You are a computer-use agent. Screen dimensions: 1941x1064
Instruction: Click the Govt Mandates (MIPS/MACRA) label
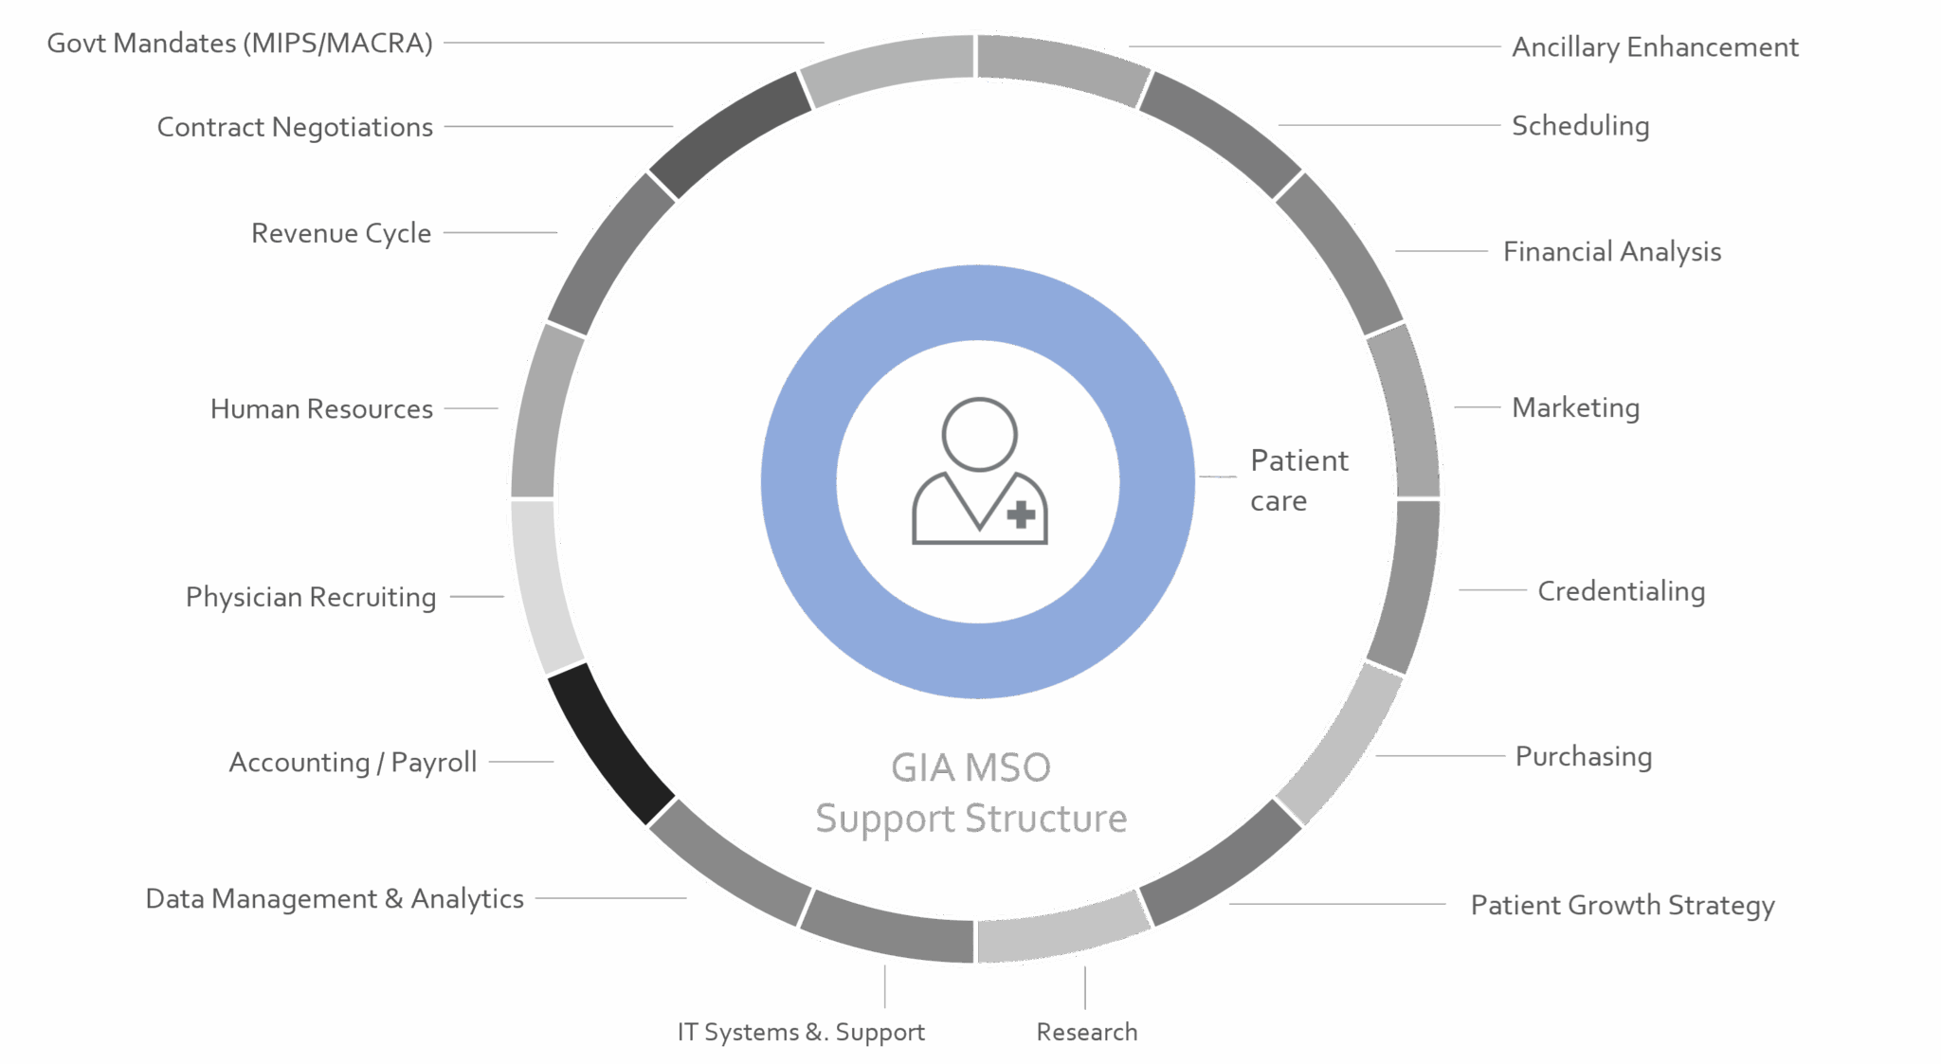tap(240, 44)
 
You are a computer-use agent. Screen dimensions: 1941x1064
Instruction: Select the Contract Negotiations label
tap(295, 127)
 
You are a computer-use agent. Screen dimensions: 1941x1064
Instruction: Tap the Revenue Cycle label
tap(341, 233)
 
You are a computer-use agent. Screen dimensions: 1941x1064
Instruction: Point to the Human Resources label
tap(321, 408)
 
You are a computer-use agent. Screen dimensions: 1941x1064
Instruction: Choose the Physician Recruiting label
tap(311, 597)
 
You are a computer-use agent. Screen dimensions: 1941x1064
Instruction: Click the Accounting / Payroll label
tap(353, 762)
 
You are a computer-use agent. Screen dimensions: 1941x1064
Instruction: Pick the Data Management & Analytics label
tap(335, 898)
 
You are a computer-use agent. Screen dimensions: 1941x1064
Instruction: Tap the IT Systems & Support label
tap(801, 1032)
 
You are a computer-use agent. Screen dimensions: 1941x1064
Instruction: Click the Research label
tap(1087, 1032)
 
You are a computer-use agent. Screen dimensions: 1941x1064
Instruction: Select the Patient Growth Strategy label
tap(1623, 905)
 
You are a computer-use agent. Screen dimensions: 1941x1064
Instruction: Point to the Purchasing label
tap(1584, 756)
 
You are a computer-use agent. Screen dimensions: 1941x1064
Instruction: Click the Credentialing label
tap(1621, 591)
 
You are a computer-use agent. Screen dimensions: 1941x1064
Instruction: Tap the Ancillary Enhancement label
tap(1655, 47)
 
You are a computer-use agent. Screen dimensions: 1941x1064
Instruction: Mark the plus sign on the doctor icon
tap(1021, 514)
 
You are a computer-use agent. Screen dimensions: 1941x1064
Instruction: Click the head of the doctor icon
tap(979, 434)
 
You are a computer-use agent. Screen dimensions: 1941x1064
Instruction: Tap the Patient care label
tap(1298, 480)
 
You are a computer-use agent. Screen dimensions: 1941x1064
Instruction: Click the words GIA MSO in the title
tap(970, 767)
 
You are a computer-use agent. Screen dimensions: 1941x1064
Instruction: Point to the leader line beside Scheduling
tap(1388, 125)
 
